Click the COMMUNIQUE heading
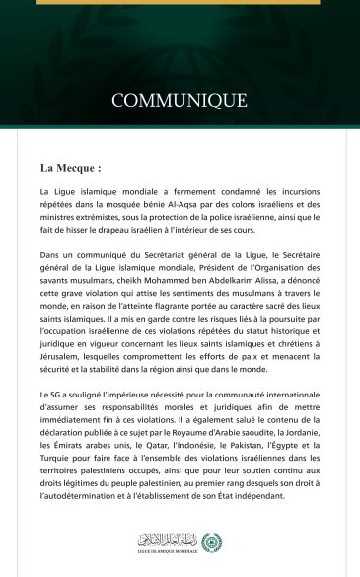[179, 100]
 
